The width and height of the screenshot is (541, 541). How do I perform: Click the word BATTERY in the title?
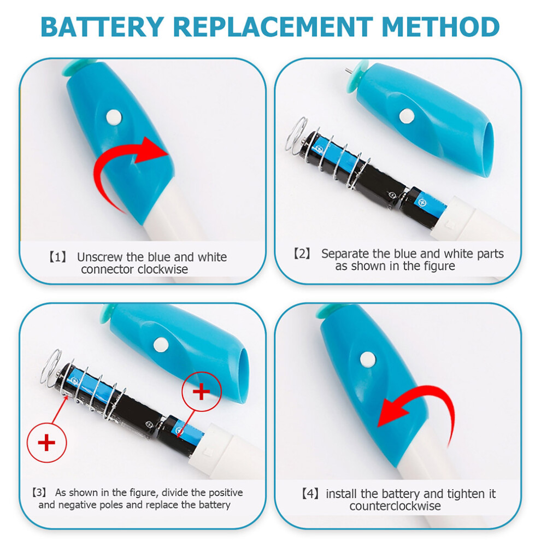pos(103,27)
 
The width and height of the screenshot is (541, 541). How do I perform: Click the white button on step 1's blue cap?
pos(114,117)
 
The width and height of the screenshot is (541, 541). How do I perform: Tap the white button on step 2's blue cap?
pos(407,116)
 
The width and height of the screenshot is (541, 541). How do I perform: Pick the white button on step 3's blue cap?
pos(161,345)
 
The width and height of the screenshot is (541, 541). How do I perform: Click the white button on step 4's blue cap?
pos(368,360)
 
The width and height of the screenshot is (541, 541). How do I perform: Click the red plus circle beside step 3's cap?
pos(202,392)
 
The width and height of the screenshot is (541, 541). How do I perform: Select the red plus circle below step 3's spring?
pos(46,443)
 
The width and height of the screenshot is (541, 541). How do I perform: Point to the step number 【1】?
pos(57,257)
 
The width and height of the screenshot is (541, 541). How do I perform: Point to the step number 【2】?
pos(302,254)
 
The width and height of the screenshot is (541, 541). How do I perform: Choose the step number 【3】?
pos(39,492)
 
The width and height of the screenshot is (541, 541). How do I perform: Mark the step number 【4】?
pos(310,494)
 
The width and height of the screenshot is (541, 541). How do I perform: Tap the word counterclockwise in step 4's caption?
pos(395,506)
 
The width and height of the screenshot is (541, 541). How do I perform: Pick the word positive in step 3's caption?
pos(226,493)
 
